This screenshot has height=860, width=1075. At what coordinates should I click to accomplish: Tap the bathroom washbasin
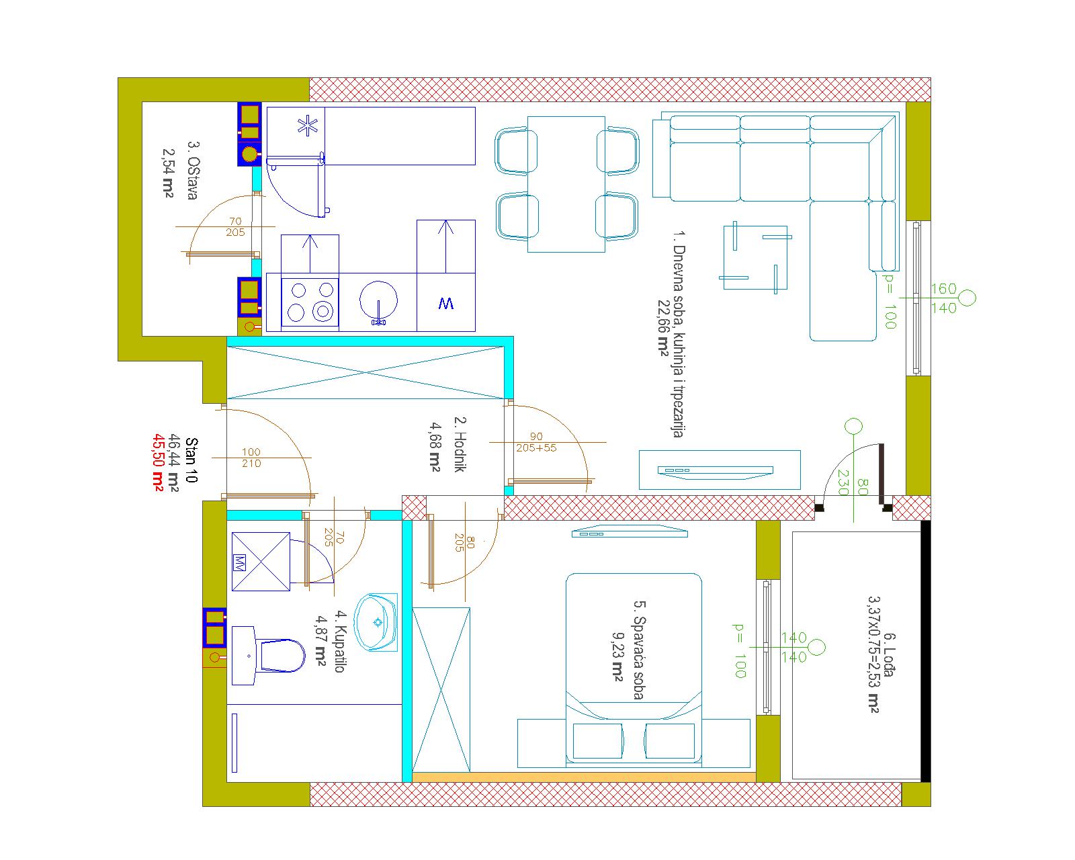coord(376,622)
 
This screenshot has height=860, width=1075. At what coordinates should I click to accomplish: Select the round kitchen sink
coord(379,302)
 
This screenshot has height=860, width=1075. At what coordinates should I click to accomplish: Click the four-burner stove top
coord(310,302)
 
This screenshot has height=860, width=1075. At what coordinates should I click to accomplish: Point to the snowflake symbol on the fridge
coord(307,126)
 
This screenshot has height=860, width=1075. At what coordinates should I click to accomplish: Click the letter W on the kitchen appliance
coord(446,303)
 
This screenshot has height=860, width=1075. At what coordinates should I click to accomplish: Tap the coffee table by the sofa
coord(755,257)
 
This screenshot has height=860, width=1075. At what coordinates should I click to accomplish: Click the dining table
coord(566,184)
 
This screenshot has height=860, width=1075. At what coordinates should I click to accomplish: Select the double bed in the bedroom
coord(634,670)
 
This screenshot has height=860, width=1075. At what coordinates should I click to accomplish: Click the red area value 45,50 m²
coord(159,463)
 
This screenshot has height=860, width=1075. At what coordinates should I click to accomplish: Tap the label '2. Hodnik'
coord(460,444)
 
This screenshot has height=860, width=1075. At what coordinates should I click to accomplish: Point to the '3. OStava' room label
coord(192,171)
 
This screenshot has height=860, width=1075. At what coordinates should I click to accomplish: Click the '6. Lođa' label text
coord(889,655)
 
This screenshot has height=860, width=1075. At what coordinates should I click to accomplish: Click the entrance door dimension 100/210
coord(251,458)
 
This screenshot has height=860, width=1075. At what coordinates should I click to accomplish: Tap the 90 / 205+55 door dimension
coord(536,442)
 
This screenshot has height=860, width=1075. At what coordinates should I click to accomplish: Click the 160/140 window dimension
coord(943,298)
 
